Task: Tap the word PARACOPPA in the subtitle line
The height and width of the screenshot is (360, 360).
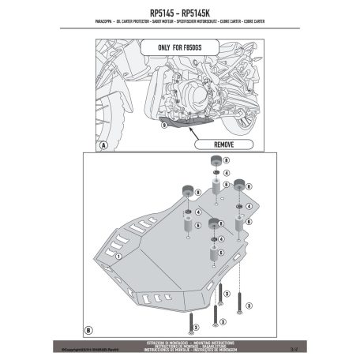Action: click(85, 23)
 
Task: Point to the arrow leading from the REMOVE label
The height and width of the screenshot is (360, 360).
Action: click(193, 135)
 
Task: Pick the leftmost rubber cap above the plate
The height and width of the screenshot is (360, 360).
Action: click(189, 189)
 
